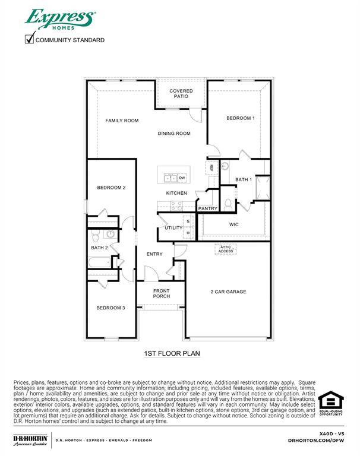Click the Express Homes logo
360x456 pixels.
click(59, 19)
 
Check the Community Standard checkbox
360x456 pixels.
click(29, 39)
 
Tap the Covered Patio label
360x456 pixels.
click(181, 94)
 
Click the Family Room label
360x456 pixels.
click(122, 121)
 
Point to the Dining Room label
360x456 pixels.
click(174, 134)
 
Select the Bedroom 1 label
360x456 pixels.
click(240, 118)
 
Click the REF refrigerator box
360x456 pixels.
click(211, 167)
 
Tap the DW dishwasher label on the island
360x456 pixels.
click(182, 178)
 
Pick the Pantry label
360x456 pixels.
click(207, 208)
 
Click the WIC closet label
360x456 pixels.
click(233, 224)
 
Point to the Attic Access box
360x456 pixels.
click(226, 249)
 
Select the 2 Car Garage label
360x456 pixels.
click(228, 292)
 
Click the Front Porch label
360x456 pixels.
click(161, 293)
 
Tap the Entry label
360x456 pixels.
click(154, 254)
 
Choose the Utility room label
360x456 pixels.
click(173, 227)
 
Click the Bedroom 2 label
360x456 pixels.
click(111, 188)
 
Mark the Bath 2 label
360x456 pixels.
click(99, 248)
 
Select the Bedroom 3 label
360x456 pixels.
click(110, 308)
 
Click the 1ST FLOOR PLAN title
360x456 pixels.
click(172, 353)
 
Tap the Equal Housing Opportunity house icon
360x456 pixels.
click(330, 400)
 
